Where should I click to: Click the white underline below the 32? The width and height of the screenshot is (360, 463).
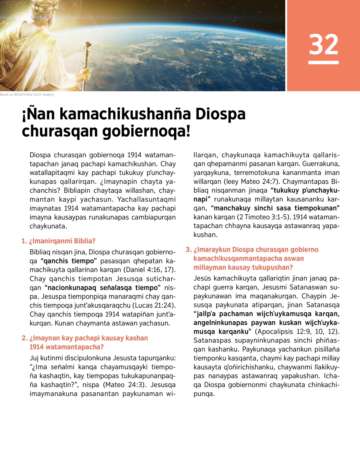coord(323,62)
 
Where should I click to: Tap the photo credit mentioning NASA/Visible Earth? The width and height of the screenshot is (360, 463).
coord(27,95)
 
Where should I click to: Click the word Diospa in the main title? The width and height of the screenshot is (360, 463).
coord(220,114)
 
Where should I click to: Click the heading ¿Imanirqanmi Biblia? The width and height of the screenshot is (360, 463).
coord(62,241)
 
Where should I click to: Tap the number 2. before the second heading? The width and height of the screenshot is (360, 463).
coord(25,338)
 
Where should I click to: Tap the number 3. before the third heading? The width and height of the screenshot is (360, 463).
coord(189,250)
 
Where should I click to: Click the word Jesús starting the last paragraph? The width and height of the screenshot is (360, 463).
coord(202,278)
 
